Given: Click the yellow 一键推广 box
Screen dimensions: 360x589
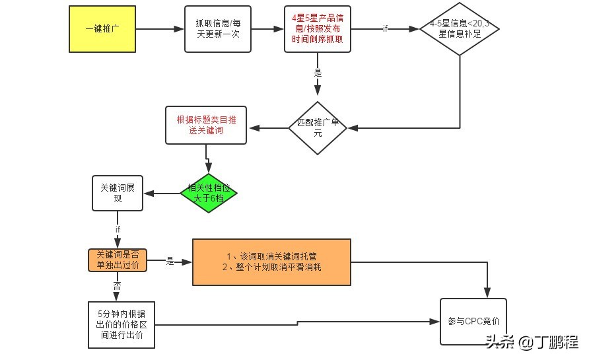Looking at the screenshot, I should pyautogui.click(x=102, y=29).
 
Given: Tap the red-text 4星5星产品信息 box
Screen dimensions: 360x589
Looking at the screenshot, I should pyautogui.click(x=318, y=29).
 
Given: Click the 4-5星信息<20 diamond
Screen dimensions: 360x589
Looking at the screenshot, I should pyautogui.click(x=460, y=29).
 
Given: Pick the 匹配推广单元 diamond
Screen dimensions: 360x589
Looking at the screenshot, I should pyautogui.click(x=318, y=128).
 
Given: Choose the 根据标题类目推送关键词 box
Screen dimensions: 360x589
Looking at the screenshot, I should pyautogui.click(x=206, y=124).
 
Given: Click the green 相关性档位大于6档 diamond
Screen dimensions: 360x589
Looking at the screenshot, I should pyautogui.click(x=208, y=193).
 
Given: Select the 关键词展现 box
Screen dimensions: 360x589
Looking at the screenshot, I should pyautogui.click(x=118, y=193).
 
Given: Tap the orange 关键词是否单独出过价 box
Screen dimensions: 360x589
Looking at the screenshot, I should pyautogui.click(x=118, y=260).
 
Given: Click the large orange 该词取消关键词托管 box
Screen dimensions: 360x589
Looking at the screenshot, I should pyautogui.click(x=271, y=262).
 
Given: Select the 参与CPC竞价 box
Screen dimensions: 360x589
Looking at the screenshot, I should pyautogui.click(x=473, y=322).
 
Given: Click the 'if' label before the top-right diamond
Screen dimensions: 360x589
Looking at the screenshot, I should pyautogui.click(x=386, y=29).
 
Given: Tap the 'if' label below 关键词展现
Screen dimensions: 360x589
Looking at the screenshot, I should pyautogui.click(x=118, y=229).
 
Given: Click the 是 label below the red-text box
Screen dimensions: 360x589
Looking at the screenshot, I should pyautogui.click(x=318, y=73).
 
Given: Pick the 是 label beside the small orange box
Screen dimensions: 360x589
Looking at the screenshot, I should pyautogui.click(x=170, y=262).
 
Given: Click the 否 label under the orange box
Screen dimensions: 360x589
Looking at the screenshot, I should pyautogui.click(x=118, y=286).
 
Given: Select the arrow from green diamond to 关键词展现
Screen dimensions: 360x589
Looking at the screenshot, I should pyautogui.click(x=162, y=194).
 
